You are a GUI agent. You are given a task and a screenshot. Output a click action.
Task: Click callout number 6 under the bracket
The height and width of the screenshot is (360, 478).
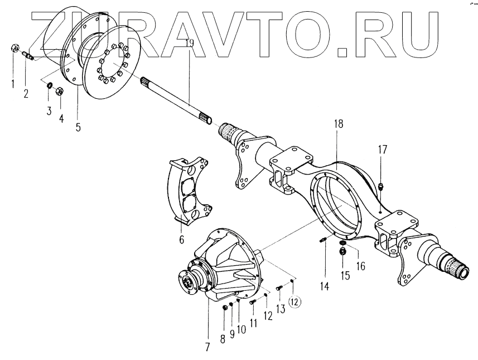pos(182,240)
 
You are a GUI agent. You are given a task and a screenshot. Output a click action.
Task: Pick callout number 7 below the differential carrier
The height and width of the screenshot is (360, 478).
pos(207,346)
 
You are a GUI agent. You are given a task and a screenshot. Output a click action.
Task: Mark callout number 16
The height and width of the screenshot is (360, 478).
pos(360,266)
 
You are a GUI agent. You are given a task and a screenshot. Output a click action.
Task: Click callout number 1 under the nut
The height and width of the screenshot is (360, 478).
pos(13,85)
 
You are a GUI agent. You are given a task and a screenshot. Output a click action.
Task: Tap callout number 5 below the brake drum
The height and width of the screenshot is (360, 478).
pos(78,127)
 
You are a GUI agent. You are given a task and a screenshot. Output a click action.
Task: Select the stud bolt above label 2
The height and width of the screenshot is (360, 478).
pos(27,55)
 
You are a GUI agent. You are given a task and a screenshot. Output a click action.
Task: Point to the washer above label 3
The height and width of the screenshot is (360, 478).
pos(49,85)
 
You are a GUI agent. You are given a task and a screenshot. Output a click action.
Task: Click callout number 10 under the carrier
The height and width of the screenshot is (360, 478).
pos(242,329)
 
